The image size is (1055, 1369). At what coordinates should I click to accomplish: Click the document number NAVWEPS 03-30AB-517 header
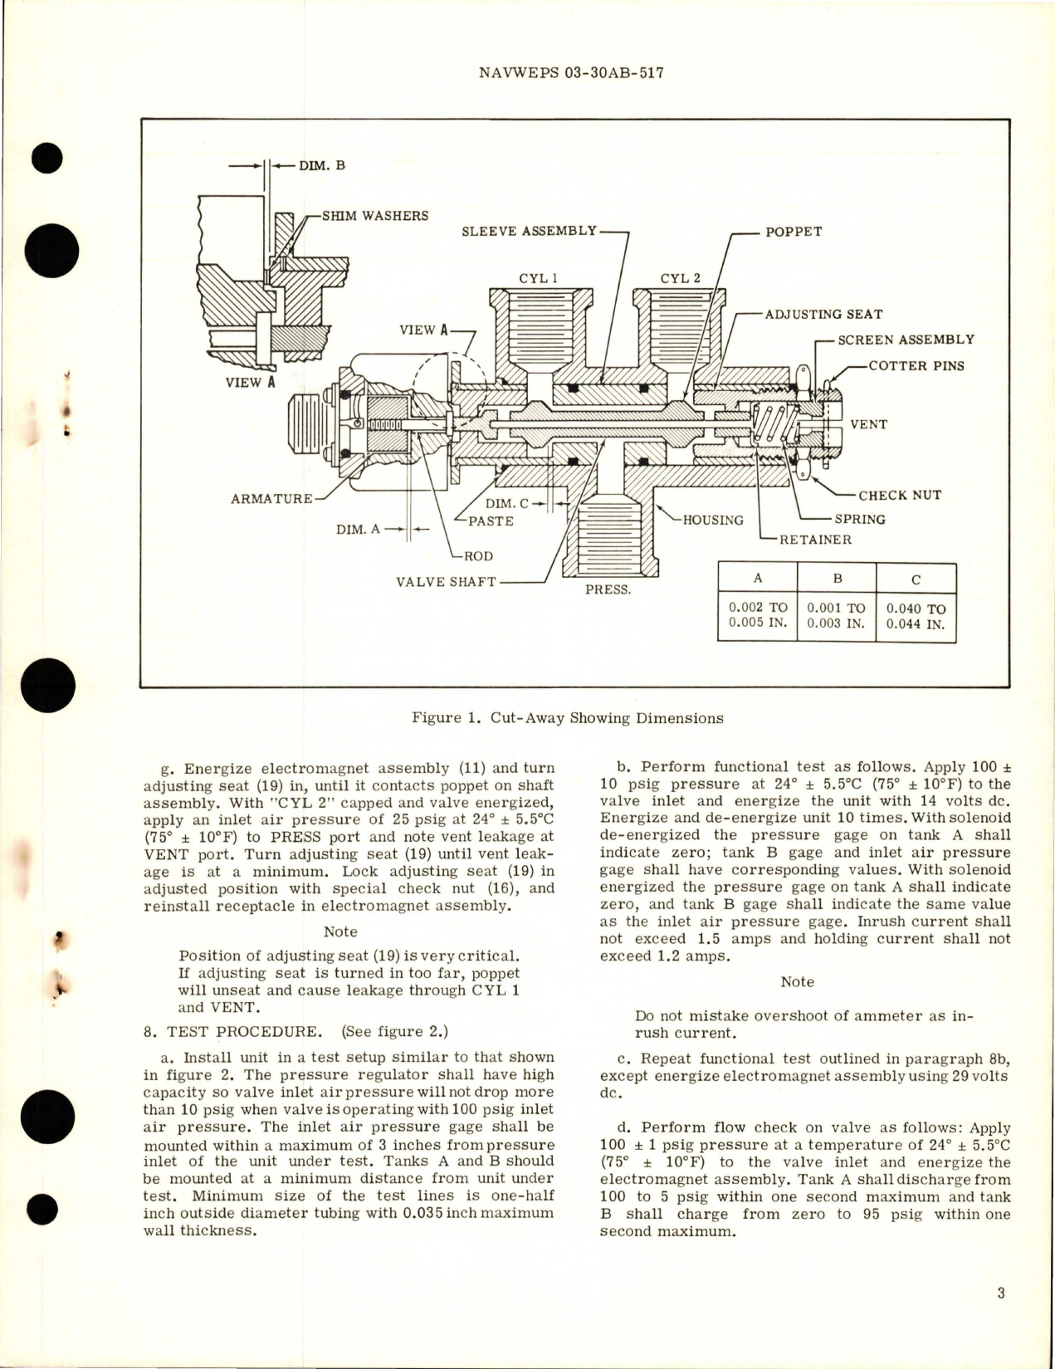point(571,73)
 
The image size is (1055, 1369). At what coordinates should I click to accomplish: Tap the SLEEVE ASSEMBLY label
point(529,231)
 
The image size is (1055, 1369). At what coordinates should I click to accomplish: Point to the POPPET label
point(793,232)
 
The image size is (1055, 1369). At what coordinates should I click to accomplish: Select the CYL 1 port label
point(539,279)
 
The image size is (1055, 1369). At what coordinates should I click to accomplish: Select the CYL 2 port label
point(680,279)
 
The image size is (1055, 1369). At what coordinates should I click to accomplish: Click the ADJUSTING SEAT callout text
point(823,315)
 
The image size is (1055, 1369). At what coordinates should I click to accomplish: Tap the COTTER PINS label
point(916,366)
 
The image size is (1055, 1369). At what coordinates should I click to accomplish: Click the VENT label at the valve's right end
point(868,425)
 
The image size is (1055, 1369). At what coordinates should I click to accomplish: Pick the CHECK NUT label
point(900,496)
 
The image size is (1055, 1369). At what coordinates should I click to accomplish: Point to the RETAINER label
point(815,540)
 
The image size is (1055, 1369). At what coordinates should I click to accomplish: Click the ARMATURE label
point(272,499)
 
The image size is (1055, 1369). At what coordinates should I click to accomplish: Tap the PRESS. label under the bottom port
point(608,590)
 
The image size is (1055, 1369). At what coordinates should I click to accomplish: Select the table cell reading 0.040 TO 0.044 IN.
point(916,616)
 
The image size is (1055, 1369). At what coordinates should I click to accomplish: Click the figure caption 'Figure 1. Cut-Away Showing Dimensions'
point(567,718)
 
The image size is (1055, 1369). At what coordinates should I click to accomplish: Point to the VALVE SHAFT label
point(446,582)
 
